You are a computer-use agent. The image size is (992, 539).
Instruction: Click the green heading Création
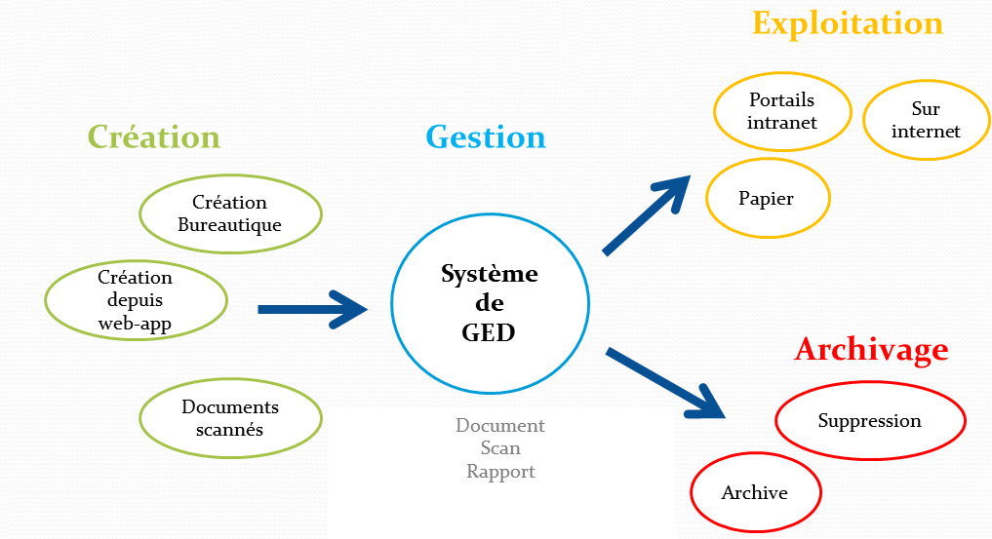(x=154, y=136)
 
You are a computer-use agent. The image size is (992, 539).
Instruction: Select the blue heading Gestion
(x=486, y=136)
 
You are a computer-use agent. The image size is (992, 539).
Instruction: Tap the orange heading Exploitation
(x=848, y=23)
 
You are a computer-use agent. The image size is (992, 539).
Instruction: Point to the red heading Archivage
(x=871, y=349)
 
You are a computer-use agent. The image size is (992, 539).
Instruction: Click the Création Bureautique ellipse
(x=230, y=213)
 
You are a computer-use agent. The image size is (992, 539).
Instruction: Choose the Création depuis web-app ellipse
(x=136, y=300)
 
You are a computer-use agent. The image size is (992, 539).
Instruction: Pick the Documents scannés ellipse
(x=230, y=418)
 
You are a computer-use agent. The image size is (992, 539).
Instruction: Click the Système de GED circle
(x=490, y=303)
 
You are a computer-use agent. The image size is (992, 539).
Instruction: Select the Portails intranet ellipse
(x=781, y=111)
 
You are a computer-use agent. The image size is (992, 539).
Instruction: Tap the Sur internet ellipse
(x=926, y=120)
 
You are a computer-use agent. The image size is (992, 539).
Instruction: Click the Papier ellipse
(x=767, y=199)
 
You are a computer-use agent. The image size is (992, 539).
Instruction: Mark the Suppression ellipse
(x=870, y=421)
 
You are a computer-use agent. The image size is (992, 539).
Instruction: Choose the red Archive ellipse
(x=755, y=492)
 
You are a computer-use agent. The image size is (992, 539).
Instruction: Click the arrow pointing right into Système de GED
(x=312, y=309)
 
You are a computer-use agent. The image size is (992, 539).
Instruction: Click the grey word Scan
(x=500, y=448)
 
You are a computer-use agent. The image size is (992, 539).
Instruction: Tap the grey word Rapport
(x=500, y=472)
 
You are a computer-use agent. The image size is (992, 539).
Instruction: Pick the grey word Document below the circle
(x=500, y=426)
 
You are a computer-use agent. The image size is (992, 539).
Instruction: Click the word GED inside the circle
(x=488, y=332)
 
